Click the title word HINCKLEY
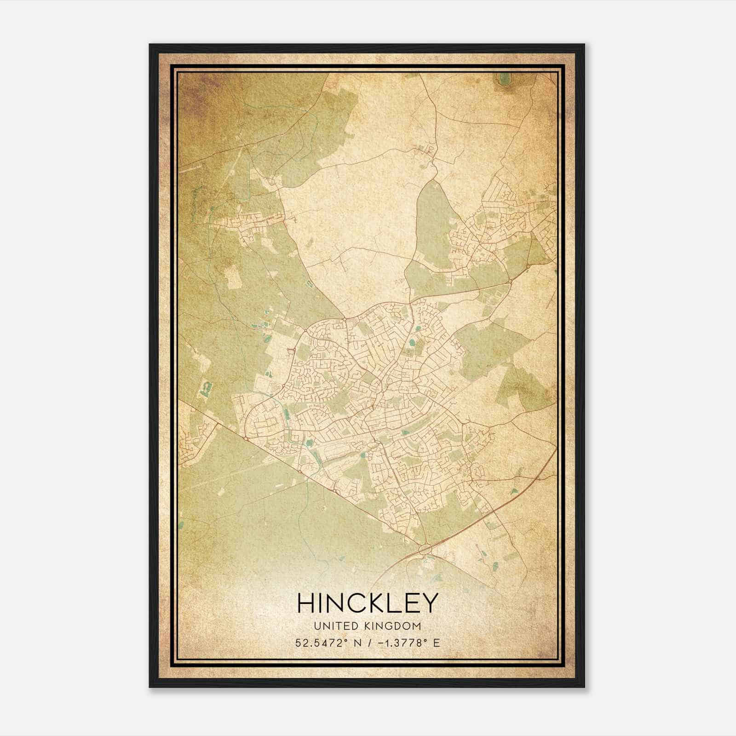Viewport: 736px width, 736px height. click(x=367, y=603)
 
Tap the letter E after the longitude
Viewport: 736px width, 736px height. click(x=436, y=643)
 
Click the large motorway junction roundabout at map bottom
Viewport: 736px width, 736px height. click(x=425, y=548)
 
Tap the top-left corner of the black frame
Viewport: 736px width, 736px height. click(x=150, y=45)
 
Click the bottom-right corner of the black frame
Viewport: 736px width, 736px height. click(x=584, y=687)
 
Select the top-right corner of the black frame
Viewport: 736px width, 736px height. click(x=584, y=45)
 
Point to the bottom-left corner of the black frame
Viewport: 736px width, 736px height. click(x=150, y=687)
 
